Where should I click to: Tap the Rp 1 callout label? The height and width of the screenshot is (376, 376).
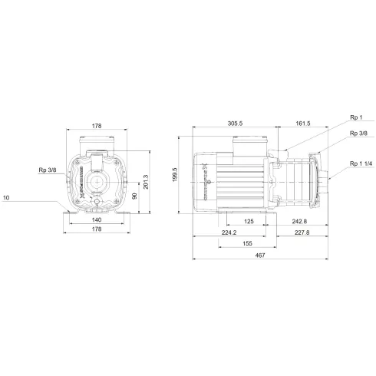point(355,119)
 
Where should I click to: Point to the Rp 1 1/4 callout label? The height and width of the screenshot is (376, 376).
point(358,163)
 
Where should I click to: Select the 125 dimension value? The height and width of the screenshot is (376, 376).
point(249,222)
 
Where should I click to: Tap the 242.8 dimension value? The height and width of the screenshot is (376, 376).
point(300,222)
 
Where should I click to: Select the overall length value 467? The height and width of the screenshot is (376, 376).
point(261,256)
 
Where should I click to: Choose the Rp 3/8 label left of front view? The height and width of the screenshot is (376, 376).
point(48,171)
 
